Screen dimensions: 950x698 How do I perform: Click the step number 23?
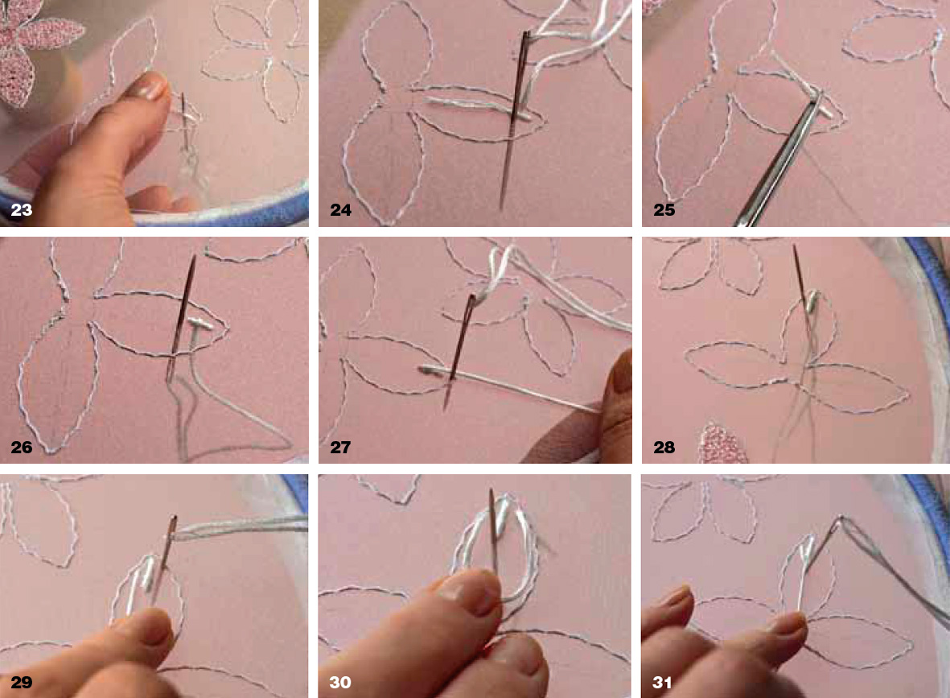21,210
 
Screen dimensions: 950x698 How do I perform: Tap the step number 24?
340,210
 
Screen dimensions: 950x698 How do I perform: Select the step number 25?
664,210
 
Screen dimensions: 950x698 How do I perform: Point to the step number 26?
21,448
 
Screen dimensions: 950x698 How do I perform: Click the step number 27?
340,448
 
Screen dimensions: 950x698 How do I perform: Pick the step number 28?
664,448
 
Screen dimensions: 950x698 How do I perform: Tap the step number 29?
21,682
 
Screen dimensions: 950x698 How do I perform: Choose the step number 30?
340,682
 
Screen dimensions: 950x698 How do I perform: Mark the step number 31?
662,682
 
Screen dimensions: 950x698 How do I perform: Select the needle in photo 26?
181,318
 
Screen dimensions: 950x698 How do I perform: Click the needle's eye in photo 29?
174,525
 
